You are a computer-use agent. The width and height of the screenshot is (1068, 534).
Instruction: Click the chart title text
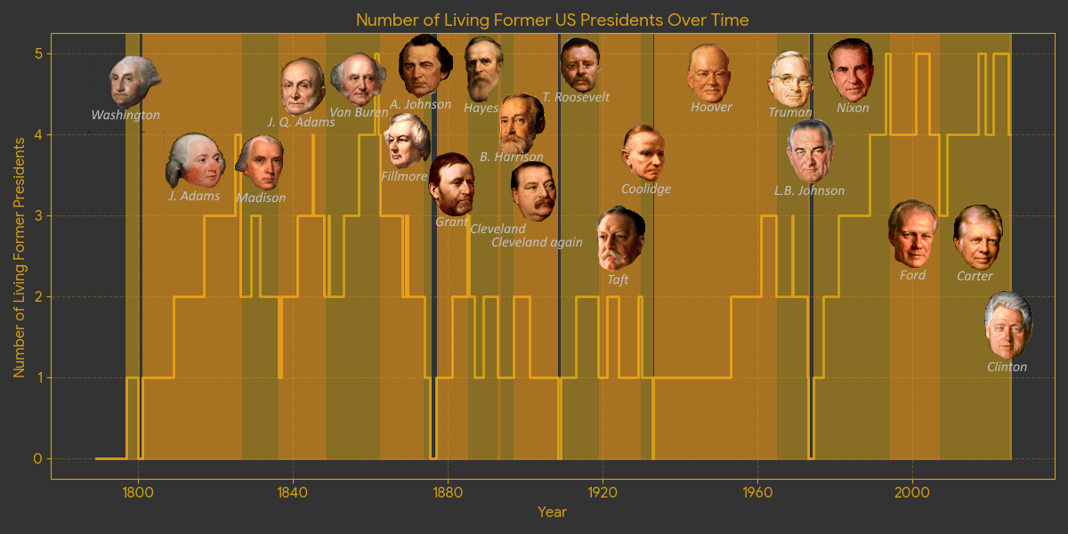(x=552, y=20)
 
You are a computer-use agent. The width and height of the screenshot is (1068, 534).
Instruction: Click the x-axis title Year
(x=552, y=512)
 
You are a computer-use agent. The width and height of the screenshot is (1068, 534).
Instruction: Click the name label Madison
(x=261, y=198)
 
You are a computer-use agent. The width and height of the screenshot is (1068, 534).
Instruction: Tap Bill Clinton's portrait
(x=1008, y=325)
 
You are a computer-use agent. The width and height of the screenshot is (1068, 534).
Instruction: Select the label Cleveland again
(x=537, y=242)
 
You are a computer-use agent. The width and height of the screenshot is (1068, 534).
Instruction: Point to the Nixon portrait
(x=851, y=69)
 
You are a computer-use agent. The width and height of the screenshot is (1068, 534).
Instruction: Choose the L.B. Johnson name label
(x=809, y=190)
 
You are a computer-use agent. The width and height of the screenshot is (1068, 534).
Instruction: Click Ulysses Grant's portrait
(x=451, y=184)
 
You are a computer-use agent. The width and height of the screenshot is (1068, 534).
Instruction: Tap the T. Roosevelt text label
(x=575, y=97)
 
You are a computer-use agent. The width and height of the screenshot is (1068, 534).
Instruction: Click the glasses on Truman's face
(x=790, y=77)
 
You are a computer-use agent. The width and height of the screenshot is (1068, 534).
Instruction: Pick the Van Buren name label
(x=359, y=112)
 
